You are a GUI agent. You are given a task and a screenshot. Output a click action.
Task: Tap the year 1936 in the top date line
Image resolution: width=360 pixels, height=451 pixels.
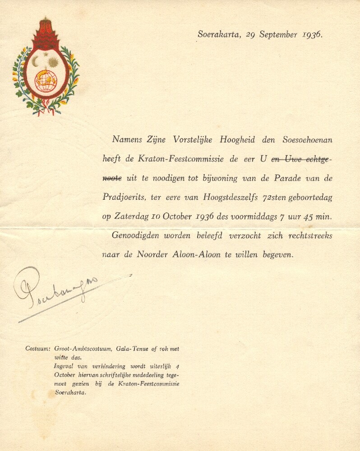(312, 34)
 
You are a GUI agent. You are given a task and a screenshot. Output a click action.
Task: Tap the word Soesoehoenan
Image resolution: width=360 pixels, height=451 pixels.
(307, 140)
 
